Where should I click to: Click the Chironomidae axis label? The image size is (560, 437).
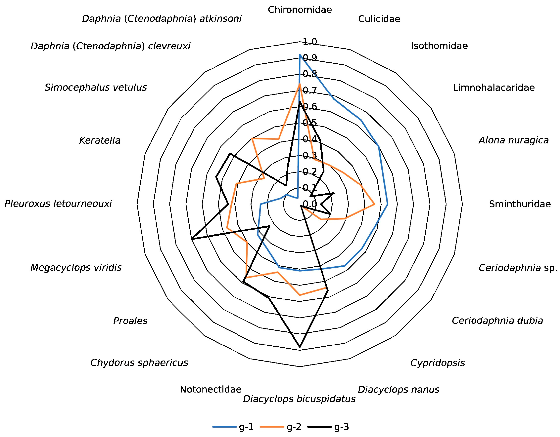click(x=300, y=10)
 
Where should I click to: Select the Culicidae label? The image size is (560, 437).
click(x=379, y=19)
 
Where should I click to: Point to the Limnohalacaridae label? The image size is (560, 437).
click(x=494, y=88)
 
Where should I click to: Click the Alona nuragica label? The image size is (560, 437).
click(x=513, y=140)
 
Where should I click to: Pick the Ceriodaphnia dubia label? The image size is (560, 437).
click(x=497, y=321)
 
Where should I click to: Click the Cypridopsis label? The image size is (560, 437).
click(x=437, y=363)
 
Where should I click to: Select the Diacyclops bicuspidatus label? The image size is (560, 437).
click(x=299, y=399)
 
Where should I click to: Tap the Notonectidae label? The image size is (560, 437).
click(x=211, y=390)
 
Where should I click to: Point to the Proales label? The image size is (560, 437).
click(x=130, y=321)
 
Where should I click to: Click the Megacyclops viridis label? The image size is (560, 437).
click(x=76, y=268)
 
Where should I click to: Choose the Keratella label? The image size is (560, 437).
click(x=100, y=141)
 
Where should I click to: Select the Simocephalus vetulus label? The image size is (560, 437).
click(x=96, y=88)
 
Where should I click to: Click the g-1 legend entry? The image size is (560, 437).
click(x=233, y=427)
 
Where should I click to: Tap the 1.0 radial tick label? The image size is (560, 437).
click(x=310, y=42)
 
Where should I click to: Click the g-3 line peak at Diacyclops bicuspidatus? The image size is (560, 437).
click(x=300, y=347)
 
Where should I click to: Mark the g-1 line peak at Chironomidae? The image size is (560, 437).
click(x=300, y=55)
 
